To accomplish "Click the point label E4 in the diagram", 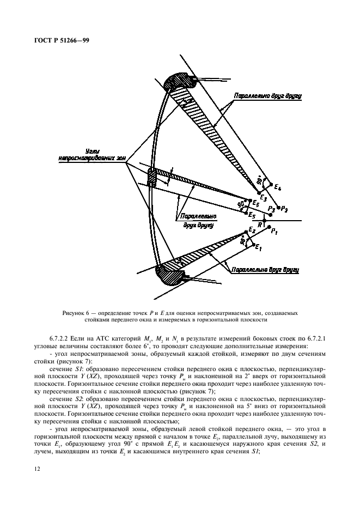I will pyautogui.click(x=279, y=187).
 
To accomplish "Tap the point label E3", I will pyautogui.click(x=264, y=197).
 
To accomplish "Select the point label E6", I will pyautogui.click(x=256, y=202).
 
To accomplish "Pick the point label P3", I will pyautogui.click(x=272, y=209).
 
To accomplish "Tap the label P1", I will pyautogui.click(x=275, y=232).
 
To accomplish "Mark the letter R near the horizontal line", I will pyautogui.click(x=260, y=224).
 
